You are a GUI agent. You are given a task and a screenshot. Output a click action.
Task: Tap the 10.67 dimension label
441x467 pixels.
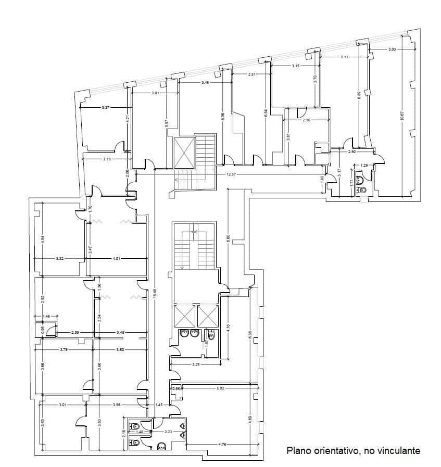[401, 117]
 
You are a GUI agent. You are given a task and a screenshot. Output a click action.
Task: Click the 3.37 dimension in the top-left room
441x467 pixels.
[106, 108]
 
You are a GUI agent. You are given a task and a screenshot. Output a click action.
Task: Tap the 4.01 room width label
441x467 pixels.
[116, 258]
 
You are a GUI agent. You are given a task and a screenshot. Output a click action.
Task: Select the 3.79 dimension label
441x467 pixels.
[64, 349]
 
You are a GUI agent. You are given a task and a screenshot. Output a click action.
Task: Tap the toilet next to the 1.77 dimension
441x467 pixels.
[363, 190]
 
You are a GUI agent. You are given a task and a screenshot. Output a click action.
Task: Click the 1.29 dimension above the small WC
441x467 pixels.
[364, 165]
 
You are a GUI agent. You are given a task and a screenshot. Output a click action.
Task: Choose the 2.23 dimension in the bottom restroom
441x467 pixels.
[169, 432]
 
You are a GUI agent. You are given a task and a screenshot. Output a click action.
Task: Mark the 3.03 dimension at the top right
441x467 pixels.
[392, 49]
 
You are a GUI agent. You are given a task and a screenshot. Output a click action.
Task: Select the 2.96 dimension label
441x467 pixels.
[306, 120]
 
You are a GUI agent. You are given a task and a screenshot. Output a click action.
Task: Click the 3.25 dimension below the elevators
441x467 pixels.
[196, 364]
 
